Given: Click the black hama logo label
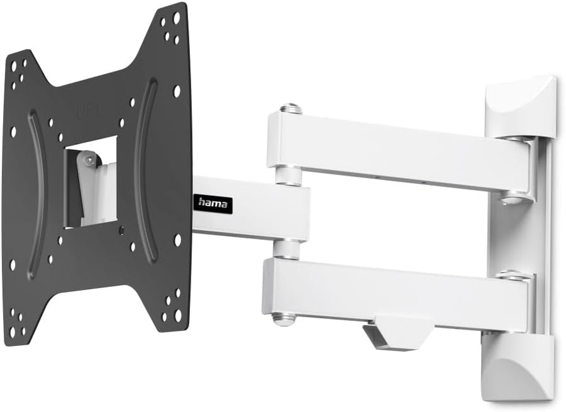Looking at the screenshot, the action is point(214,203).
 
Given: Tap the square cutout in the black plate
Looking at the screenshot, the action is point(91,181).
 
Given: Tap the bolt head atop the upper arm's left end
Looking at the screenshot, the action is point(291,108).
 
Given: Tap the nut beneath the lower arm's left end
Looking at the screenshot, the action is point(284,319).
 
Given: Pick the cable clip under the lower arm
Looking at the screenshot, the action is point(396,332).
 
